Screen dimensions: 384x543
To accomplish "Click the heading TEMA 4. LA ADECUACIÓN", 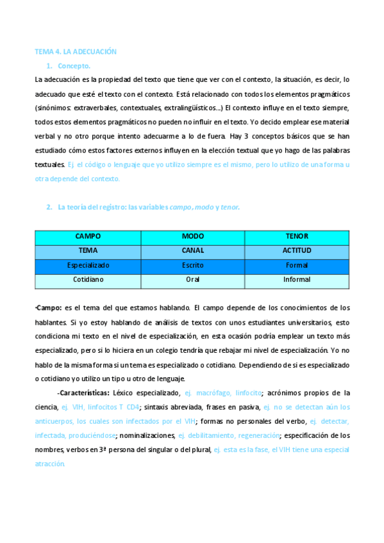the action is pos(76,51).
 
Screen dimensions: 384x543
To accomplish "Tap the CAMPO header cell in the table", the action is pos(88,236).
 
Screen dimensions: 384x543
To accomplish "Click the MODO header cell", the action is pos(192,236).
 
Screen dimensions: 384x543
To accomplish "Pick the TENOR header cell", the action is pos(297,236).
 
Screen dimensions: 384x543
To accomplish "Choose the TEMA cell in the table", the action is pos(88,250).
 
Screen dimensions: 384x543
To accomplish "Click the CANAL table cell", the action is pos(192,250).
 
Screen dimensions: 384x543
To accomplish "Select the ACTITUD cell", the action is pos(297,250).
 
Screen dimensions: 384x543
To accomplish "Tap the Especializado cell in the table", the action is pos(88,264).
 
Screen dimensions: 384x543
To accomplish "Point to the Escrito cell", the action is pos(192,264).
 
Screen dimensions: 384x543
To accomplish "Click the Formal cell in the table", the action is pos(297,264).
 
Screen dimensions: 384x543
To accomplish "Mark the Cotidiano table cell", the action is pos(88,279).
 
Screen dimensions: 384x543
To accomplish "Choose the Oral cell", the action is pos(192,279).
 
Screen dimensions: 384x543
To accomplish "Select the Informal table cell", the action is pos(297,279).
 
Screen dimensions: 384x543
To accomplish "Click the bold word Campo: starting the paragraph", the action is pos(49,308).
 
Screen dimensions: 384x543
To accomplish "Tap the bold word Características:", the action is pos(83,393).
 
